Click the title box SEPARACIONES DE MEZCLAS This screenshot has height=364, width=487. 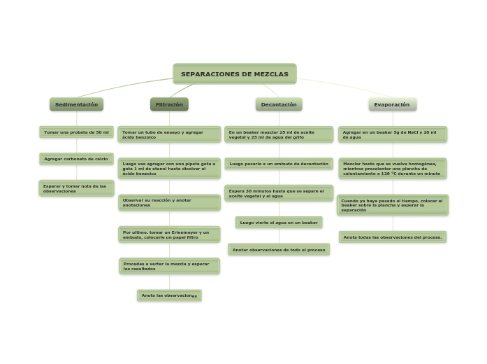point(235,74)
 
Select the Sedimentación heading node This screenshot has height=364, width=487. point(76,104)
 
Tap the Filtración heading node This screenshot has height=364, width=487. point(169,104)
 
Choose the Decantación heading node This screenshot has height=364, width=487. point(279,104)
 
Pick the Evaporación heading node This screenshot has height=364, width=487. point(392,104)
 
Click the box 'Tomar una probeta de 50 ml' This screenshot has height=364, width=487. point(76,132)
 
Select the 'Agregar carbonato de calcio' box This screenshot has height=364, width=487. point(76,159)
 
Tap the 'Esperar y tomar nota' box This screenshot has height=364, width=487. point(76,188)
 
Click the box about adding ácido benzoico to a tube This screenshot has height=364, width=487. point(169,134)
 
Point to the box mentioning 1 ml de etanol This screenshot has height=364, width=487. point(169,169)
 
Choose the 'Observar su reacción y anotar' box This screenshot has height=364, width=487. point(169,202)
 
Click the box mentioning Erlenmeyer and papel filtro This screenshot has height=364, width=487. point(169,234)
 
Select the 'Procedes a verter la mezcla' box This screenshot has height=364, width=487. point(169,266)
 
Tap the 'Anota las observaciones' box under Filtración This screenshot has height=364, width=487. point(169,295)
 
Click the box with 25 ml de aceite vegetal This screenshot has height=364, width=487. point(279,134)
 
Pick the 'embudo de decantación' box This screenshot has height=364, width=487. point(279,164)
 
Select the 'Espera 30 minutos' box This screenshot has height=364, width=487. point(279,193)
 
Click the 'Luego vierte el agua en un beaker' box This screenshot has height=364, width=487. point(279,223)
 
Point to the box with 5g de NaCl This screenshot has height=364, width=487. point(392,134)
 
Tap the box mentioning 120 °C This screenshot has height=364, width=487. point(392,169)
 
